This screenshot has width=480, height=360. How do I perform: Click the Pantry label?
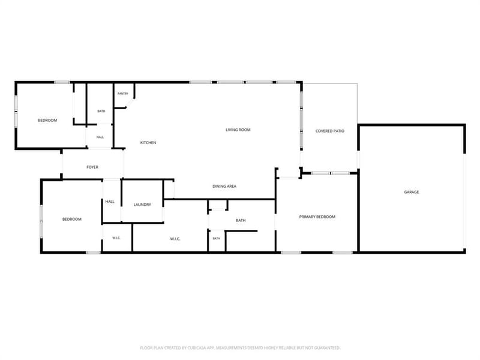point(123,94)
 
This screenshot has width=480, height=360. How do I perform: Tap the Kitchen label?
point(148,143)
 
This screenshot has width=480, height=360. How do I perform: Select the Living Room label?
point(238,130)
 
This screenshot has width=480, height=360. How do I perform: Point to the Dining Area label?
point(224,186)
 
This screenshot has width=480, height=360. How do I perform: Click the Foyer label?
point(92,167)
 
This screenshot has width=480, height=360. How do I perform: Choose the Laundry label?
point(142,205)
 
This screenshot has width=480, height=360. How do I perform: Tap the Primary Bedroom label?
point(317,217)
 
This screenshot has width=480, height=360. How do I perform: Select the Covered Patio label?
point(330,131)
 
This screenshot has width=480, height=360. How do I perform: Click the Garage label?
point(412,192)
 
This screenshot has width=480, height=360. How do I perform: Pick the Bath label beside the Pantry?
point(101,111)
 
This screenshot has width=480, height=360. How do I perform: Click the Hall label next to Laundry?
point(110,202)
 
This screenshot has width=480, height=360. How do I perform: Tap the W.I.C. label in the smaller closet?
point(116,238)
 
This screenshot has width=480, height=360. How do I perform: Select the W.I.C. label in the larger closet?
point(175,239)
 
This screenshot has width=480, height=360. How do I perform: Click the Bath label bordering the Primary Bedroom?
point(241,220)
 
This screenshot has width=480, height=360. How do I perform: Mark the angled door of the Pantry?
point(130,103)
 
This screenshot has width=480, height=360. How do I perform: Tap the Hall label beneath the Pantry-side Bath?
point(100,137)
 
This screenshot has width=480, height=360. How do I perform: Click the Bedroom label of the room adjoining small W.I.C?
point(72,219)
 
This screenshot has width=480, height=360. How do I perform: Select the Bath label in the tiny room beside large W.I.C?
point(217,238)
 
